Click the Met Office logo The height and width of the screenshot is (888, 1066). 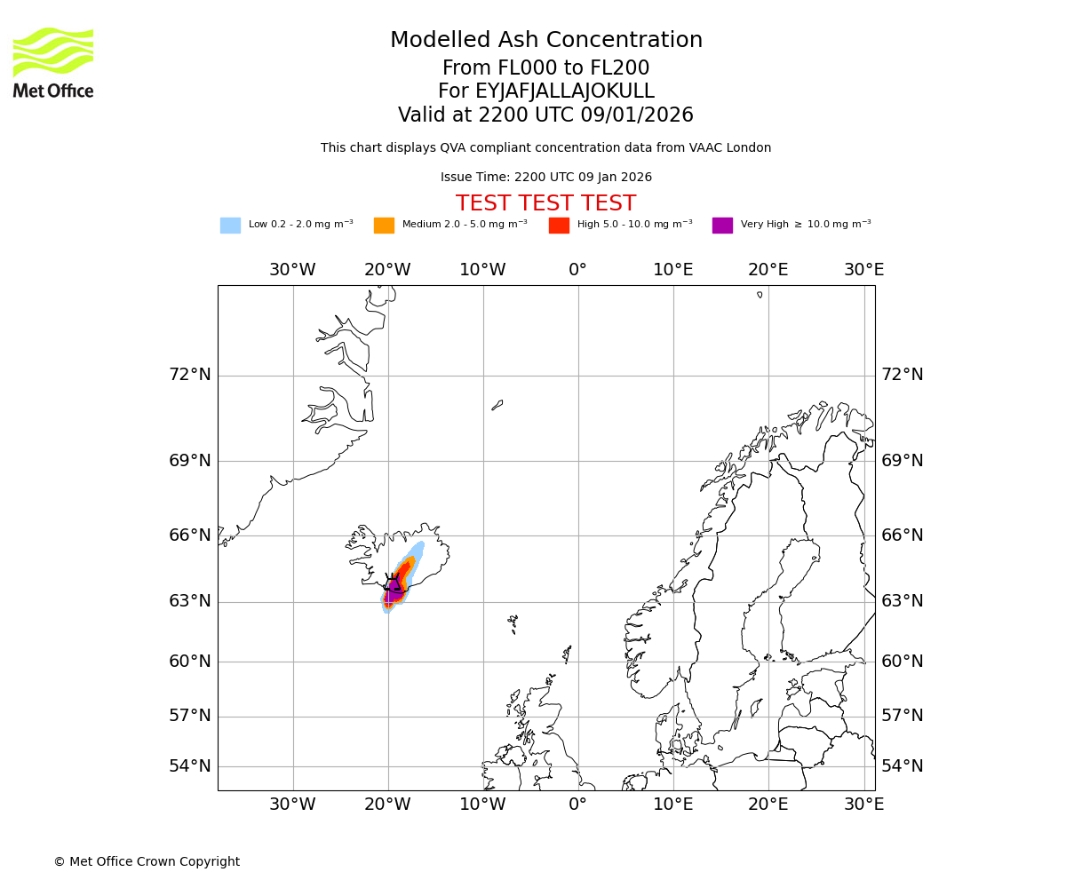53,62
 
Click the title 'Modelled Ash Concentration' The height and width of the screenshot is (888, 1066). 545,41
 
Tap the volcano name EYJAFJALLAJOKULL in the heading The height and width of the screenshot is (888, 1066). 545,91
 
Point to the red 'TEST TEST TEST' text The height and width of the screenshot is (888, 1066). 545,203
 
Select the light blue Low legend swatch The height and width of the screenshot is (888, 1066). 230,226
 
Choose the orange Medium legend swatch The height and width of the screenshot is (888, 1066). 384,226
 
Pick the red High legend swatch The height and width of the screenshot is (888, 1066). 559,226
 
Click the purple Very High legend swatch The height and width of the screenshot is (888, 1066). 722,226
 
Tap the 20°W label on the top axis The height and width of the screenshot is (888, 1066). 387,270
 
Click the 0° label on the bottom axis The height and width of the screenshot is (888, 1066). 577,805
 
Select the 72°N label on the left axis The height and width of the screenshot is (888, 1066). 190,375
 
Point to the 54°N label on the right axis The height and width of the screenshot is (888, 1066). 902,766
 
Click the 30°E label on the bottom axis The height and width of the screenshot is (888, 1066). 863,805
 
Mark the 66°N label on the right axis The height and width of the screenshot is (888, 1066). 902,535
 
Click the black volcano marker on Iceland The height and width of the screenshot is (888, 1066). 392,583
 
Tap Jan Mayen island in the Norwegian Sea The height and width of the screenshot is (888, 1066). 497,405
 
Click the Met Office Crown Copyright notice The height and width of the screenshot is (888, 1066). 147,861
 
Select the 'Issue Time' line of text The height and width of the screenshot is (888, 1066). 545,178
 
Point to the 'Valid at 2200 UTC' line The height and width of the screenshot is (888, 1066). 545,115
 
